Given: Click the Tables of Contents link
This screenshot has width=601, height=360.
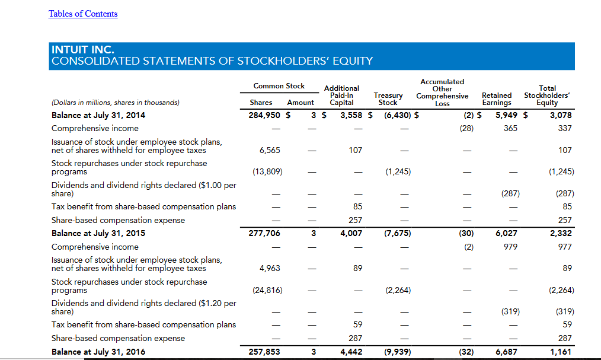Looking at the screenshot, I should coord(83,14).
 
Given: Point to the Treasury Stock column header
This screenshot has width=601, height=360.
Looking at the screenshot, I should coord(388,98).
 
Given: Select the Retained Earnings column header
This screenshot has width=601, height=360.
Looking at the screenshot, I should coord(497,98).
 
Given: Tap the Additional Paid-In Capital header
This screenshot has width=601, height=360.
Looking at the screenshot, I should coord(341,95).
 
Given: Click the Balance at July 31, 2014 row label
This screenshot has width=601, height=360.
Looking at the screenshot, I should coord(98,115).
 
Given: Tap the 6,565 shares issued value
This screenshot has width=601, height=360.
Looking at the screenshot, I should coord(270,150).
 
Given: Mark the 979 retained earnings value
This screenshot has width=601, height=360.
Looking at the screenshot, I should coord(510,247).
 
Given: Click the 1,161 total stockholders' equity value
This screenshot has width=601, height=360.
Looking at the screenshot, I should coord(561,352).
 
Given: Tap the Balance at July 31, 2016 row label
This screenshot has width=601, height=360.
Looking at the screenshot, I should coord(98,352).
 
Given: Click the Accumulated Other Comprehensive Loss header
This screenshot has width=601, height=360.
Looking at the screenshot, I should coord(442,93).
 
